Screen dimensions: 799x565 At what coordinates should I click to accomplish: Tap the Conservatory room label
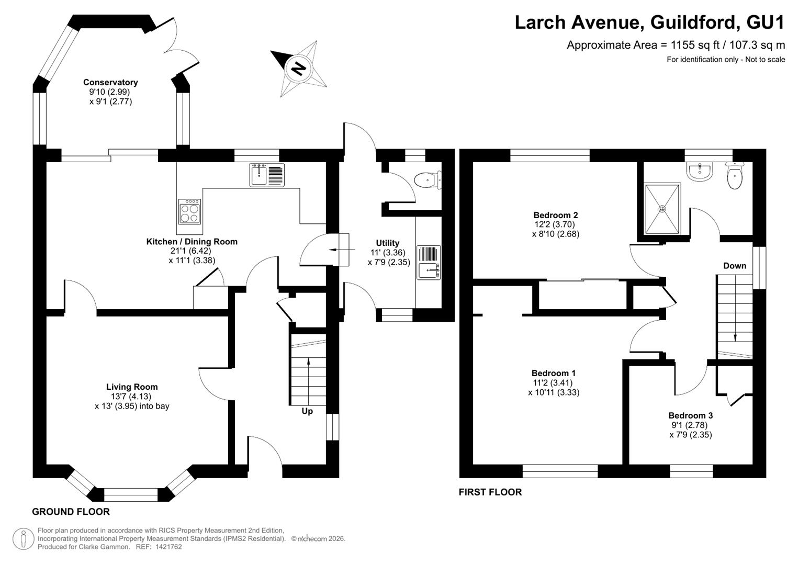[x=110, y=83]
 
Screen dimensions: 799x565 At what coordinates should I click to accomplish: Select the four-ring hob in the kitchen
[x=189, y=211]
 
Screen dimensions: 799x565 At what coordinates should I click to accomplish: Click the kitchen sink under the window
[x=267, y=175]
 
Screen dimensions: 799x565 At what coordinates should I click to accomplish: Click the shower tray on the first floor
[x=662, y=209]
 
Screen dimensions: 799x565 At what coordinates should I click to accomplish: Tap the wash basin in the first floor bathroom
[x=700, y=172]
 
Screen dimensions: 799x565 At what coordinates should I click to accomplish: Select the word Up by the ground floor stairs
[x=307, y=411]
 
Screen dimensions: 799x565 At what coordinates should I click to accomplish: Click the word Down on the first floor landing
[x=735, y=266]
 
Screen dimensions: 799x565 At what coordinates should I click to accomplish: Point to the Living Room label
[x=132, y=387]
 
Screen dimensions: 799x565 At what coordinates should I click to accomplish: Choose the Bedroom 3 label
[x=690, y=415]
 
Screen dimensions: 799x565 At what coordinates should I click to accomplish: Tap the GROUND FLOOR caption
[x=71, y=512]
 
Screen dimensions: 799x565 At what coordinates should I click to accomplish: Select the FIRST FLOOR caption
[x=490, y=492]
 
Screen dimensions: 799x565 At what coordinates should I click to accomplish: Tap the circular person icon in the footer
[x=24, y=539]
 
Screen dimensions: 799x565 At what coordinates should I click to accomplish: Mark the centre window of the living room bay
[x=131, y=495]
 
